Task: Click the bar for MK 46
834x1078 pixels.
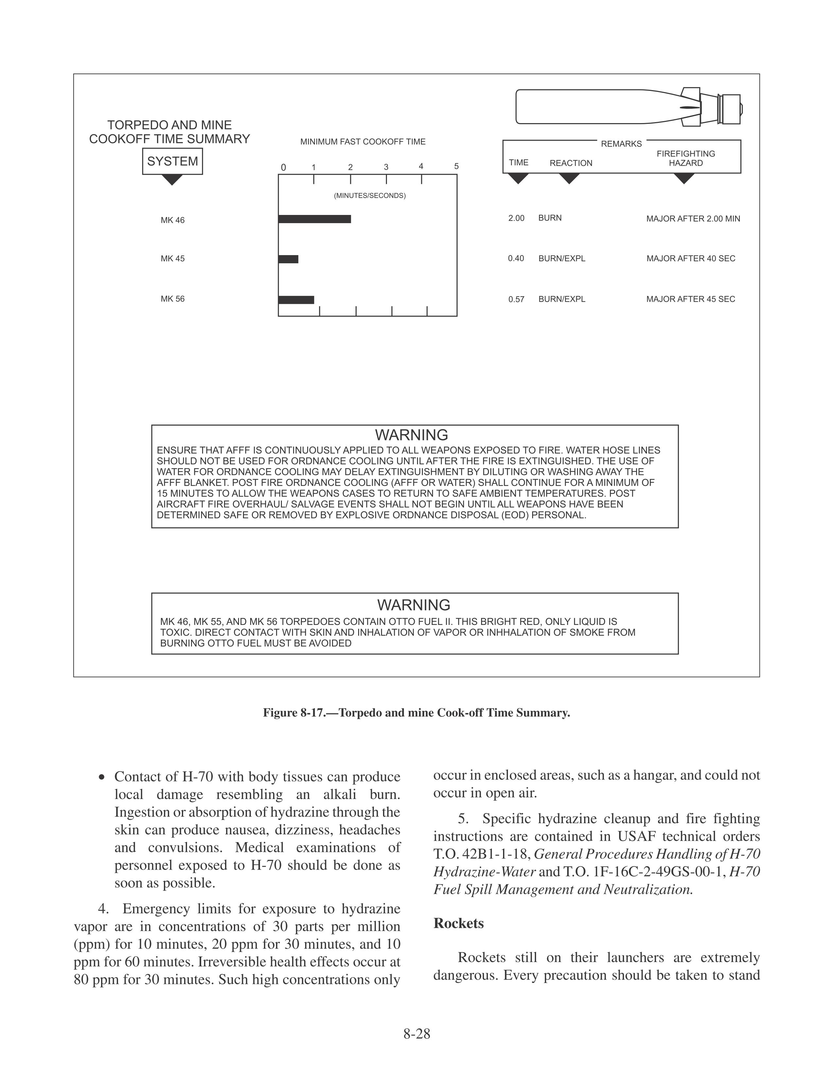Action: [315, 219]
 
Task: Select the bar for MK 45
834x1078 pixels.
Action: [288, 259]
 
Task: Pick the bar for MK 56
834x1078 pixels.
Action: [296, 300]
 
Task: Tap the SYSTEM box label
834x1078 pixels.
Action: [172, 161]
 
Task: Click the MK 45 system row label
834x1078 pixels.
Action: [172, 259]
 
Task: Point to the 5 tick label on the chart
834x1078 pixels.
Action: [457, 166]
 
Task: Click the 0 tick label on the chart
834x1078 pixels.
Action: [283, 167]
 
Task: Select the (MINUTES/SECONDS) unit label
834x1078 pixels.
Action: [370, 195]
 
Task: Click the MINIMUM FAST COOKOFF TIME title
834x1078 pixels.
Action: [363, 142]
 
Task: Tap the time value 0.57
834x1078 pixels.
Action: [516, 299]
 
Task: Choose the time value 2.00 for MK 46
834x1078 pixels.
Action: [516, 218]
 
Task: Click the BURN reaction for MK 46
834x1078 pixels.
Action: [550, 218]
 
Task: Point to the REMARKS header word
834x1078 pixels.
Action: [621, 144]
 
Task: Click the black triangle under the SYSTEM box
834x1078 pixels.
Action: [172, 180]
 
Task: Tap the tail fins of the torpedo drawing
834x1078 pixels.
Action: [690, 106]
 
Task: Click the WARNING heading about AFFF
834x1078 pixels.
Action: [411, 435]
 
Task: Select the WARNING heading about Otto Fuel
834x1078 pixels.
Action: [413, 605]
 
